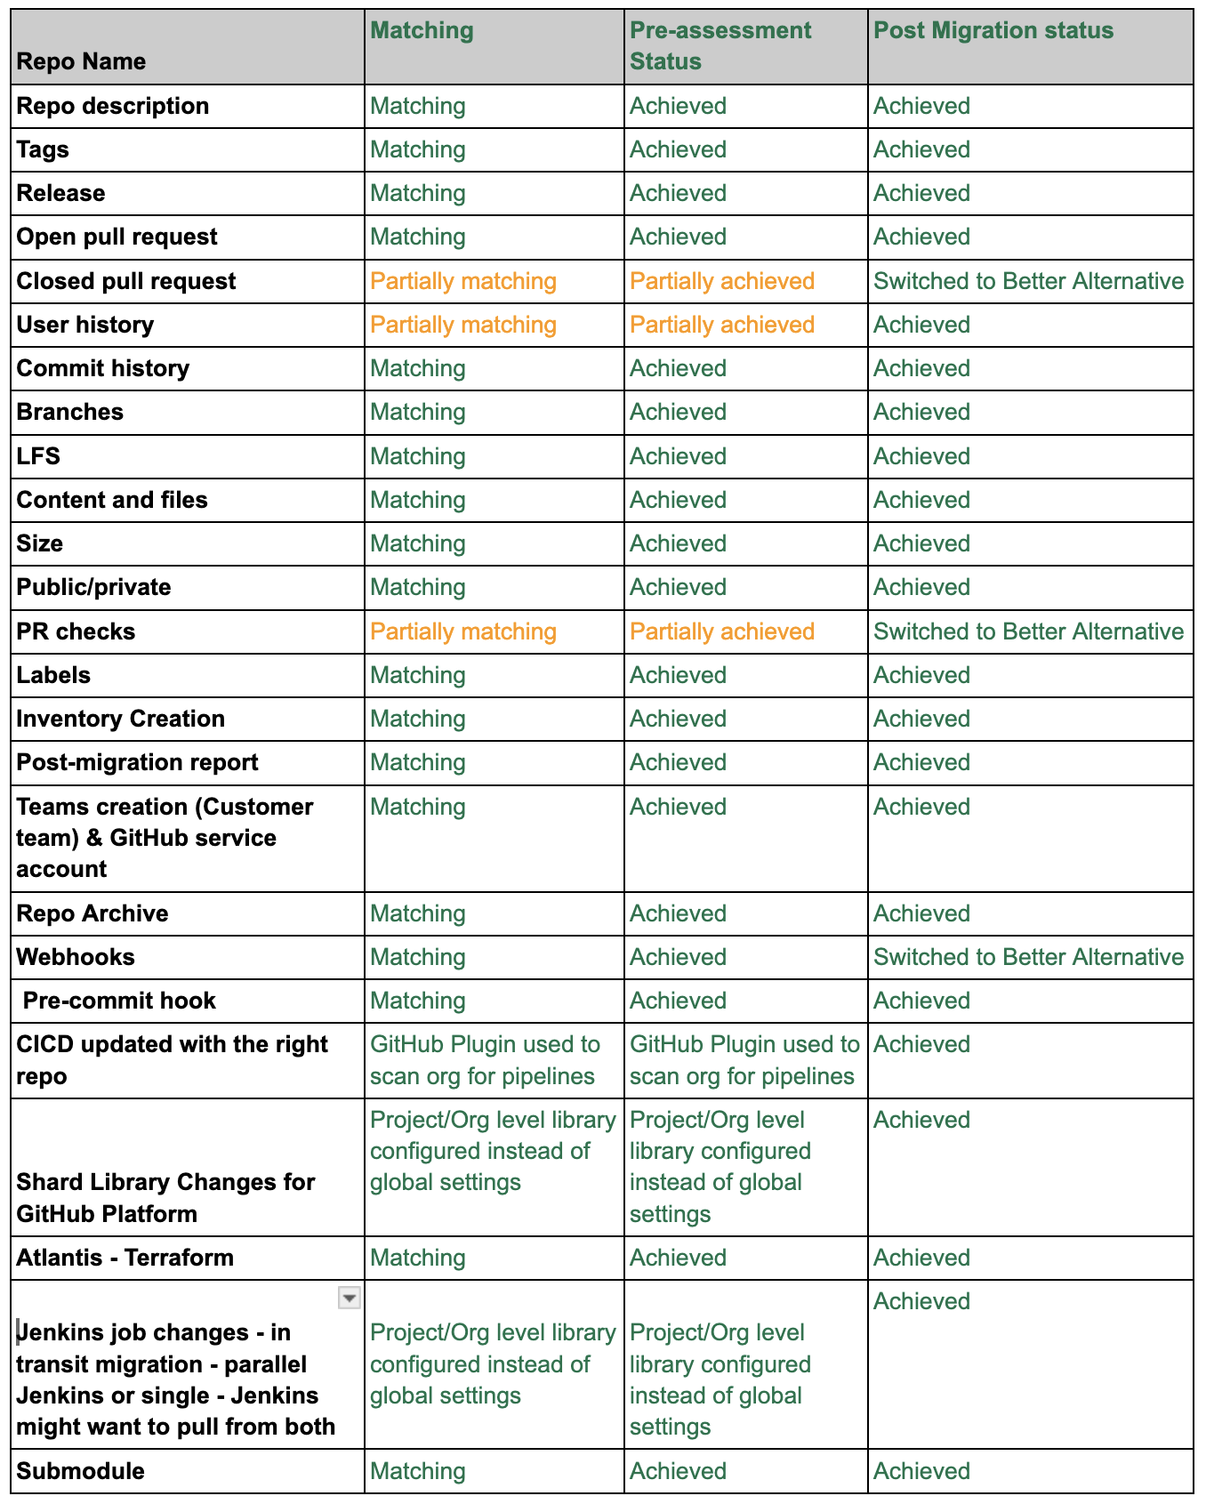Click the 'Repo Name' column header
tap(81, 61)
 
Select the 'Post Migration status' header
tap(993, 30)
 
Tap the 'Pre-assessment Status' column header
tap(720, 45)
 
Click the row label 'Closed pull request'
tap(126, 281)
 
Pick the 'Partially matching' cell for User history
tap(462, 325)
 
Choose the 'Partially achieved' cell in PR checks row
tap(721, 631)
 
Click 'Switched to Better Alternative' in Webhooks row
tap(1028, 957)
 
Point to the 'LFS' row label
tap(38, 456)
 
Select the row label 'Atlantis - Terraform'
tap(125, 1258)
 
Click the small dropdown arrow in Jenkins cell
tap(350, 1299)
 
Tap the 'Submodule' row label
tap(80, 1471)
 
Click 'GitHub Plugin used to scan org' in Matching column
tap(485, 1060)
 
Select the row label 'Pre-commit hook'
tap(119, 1001)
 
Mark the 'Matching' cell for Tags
tap(417, 149)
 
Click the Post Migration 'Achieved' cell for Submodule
tap(921, 1471)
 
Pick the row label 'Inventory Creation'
tap(120, 719)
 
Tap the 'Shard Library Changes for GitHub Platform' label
tap(165, 1197)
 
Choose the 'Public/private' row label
tap(93, 587)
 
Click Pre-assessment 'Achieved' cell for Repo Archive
tap(678, 913)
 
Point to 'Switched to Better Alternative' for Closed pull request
tap(1028, 281)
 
